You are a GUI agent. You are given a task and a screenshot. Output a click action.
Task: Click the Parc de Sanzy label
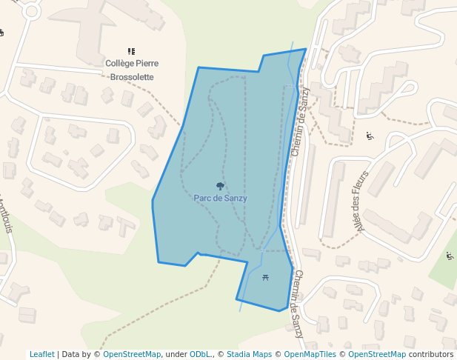tap(220, 199)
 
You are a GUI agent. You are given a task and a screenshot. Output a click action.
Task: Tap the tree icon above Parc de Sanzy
tap(220, 186)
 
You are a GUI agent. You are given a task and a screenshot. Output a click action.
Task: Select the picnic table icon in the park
tap(265, 278)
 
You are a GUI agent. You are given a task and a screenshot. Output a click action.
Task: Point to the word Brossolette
tap(132, 76)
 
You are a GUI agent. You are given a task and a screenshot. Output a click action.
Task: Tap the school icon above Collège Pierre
tap(132, 51)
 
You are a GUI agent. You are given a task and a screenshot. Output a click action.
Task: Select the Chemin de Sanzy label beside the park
tap(300, 121)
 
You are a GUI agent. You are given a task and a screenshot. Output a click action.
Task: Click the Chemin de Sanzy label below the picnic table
tap(298, 304)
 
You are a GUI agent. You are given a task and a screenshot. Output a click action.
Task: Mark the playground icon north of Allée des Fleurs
tap(370, 136)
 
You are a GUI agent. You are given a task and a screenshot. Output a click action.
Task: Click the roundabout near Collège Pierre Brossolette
tap(30, 11)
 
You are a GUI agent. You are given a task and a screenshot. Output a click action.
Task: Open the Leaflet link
tap(42, 354)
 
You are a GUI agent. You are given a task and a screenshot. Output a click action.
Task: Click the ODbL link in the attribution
tap(200, 354)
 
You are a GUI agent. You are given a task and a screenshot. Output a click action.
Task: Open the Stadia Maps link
tap(249, 354)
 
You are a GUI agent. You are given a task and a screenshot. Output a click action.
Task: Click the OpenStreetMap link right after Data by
tap(132, 354)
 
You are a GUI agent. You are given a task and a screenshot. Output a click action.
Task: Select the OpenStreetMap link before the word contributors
tap(377, 354)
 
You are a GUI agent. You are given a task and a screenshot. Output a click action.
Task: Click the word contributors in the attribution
tap(431, 354)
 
